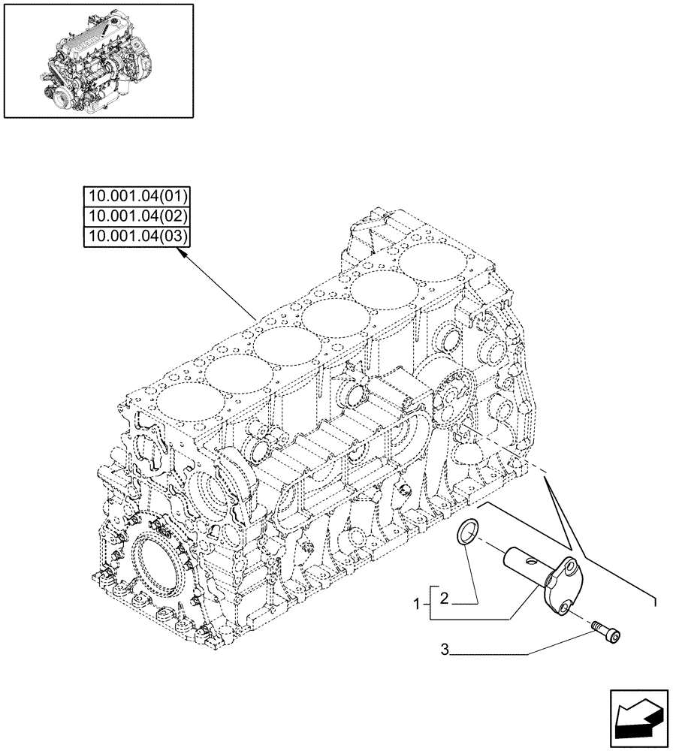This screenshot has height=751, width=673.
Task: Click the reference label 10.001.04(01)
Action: (x=137, y=197)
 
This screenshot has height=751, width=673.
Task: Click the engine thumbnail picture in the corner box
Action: (x=98, y=61)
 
